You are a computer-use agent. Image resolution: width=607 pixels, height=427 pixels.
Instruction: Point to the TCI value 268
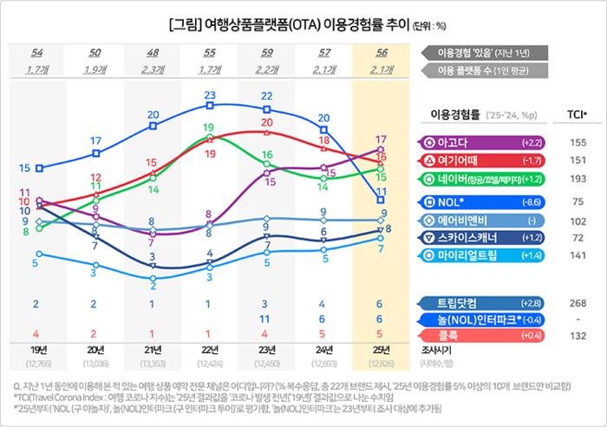click(578, 304)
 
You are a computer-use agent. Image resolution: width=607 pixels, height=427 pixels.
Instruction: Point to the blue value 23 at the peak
click(209, 95)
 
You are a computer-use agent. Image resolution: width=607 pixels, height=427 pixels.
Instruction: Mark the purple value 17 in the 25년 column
click(381, 139)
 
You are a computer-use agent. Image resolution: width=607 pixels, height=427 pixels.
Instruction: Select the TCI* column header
click(578, 114)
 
